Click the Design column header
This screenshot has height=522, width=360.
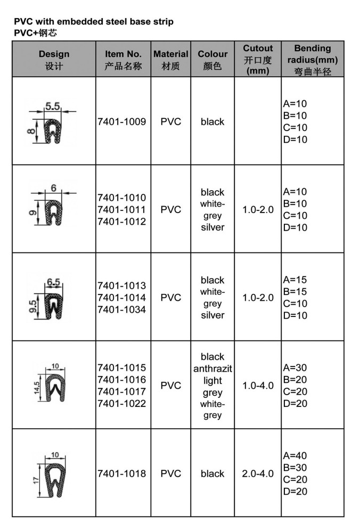point(54,60)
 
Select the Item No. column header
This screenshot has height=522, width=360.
point(123,60)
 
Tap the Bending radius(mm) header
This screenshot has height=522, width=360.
point(313,60)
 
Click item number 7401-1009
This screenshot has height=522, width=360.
point(122,121)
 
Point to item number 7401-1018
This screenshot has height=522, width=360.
point(122,474)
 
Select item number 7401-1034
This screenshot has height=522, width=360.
point(122,309)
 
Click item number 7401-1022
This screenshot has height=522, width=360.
point(122,404)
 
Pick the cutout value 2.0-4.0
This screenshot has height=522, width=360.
point(258,474)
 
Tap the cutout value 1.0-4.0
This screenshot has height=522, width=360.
point(258,386)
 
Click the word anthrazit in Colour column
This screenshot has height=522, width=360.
point(212,369)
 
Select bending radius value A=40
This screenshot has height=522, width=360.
point(295,455)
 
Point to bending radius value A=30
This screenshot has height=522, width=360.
point(295,368)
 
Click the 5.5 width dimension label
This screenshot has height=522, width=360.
point(53,106)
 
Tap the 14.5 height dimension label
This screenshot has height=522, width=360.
point(37,388)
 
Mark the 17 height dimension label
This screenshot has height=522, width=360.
point(36,480)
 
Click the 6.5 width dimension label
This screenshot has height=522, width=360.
point(54,282)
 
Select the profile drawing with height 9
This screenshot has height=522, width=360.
point(53,213)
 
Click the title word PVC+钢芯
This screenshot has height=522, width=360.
point(35,32)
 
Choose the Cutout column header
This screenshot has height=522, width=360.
point(258,60)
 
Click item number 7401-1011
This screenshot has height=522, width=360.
point(122,210)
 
